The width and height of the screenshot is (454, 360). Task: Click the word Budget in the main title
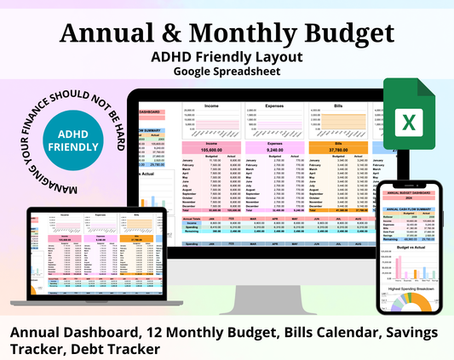pos(344,32)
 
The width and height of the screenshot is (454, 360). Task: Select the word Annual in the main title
pos(109,32)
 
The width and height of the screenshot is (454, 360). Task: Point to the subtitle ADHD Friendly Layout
pos(226,56)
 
